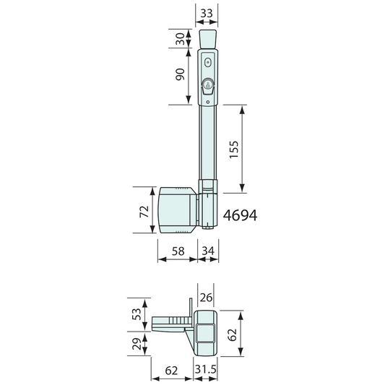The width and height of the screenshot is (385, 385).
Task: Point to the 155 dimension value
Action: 233,149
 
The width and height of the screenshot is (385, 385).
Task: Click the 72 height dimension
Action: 144,211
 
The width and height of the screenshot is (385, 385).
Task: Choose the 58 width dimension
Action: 178,251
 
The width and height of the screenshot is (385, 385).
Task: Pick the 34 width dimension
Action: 207,251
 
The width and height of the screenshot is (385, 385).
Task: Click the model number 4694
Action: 241,216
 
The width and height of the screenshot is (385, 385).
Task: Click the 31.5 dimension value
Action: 207,370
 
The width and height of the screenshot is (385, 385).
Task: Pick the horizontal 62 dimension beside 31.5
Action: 172,370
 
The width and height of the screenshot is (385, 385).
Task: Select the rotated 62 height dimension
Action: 231,334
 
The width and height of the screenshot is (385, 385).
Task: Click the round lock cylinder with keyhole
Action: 207,86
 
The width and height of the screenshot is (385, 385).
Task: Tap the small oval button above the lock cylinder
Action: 207,63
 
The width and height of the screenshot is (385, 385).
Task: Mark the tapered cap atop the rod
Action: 207,39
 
